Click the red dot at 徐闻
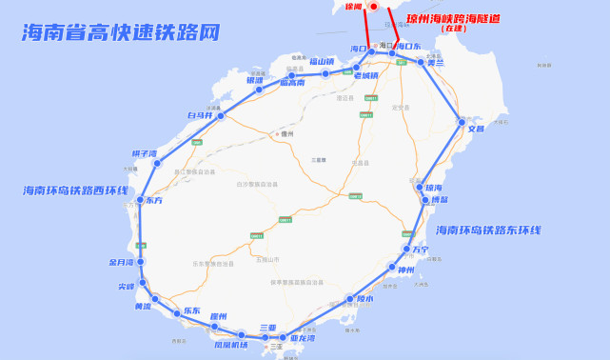pos(374,7)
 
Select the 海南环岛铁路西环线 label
pos(75,190)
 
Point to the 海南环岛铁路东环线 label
pos(488,230)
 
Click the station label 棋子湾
pos(144,152)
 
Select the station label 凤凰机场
pos(230,344)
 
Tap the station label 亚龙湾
pos(304,337)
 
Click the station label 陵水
pos(364,299)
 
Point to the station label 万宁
pos(420,250)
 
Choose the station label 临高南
pos(292,83)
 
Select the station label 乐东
pos(191,311)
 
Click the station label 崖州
pos(218,316)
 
